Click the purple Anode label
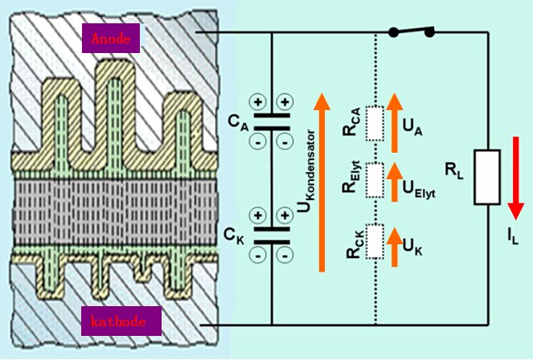[x=111, y=37]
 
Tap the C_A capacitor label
[x=236, y=123]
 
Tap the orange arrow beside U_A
[x=394, y=123]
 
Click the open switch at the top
[x=411, y=32]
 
